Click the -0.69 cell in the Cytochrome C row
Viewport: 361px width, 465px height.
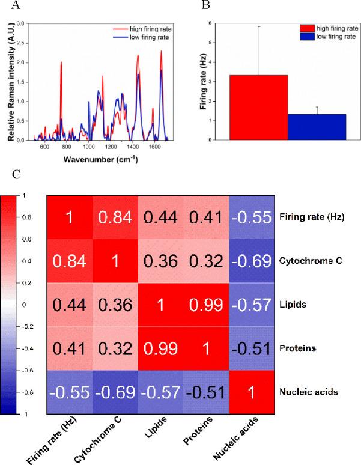coord(252,262)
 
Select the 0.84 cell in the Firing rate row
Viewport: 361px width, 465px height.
coord(114,217)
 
